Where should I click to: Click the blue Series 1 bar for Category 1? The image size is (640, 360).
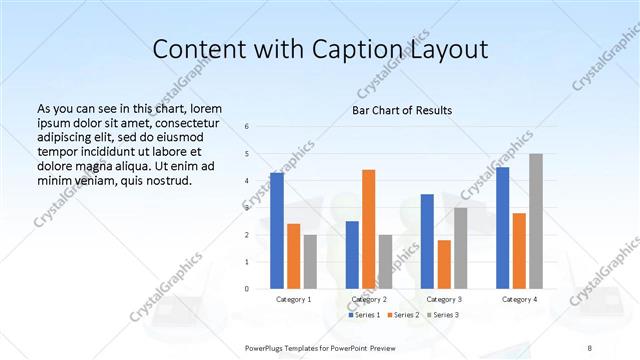coord(277,230)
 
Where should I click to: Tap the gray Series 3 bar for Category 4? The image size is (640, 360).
coord(535,221)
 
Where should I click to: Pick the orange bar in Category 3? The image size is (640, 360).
coord(444,264)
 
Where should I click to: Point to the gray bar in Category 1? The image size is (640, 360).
coord(310,262)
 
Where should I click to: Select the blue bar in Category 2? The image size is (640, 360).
coord(352,255)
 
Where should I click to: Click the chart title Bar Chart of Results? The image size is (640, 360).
coord(402,110)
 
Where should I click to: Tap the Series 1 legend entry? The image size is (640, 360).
coord(365,316)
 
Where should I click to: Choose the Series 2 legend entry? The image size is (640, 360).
coord(403,316)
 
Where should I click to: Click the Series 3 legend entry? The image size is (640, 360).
coord(441,316)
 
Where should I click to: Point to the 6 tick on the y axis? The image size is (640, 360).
coord(247,127)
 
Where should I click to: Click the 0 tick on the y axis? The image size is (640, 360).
coord(247,289)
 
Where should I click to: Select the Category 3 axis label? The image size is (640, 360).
coord(444,299)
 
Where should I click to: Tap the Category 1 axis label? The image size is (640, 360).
coord(294,299)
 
